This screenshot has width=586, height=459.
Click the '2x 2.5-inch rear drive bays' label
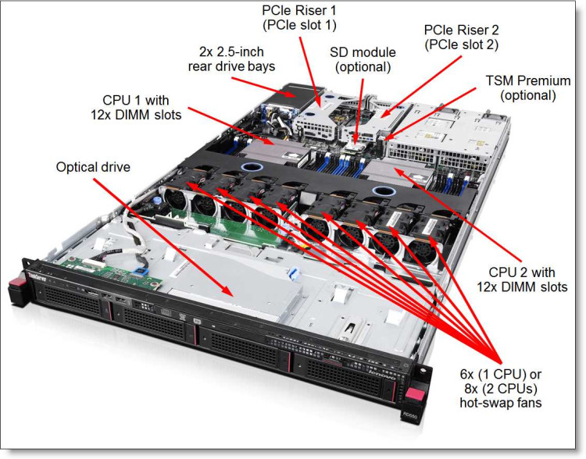(x=238, y=59)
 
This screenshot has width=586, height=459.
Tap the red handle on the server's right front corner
(x=419, y=386)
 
